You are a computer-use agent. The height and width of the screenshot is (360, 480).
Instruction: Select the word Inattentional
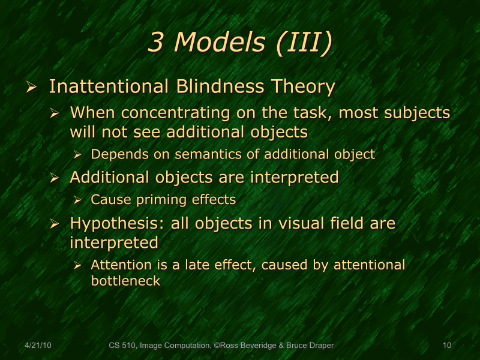(109, 86)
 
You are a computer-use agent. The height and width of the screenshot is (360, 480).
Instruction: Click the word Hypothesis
(117, 224)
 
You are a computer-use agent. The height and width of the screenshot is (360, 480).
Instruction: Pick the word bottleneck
(125, 280)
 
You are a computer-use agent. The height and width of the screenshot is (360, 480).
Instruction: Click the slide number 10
(446, 345)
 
